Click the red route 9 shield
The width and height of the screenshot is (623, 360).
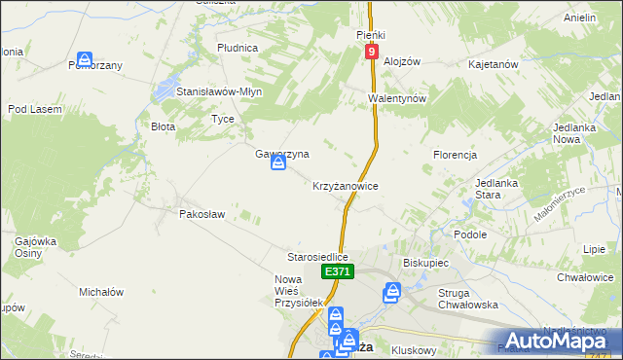click(x=371, y=51)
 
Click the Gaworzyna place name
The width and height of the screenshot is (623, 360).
click(x=282, y=154)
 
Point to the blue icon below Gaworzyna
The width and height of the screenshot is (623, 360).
click(x=278, y=166)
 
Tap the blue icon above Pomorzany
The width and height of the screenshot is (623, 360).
click(x=86, y=60)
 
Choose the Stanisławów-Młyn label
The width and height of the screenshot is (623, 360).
click(x=219, y=91)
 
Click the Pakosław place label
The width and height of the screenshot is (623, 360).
click(x=202, y=213)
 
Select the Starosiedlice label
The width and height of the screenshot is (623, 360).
click(x=317, y=257)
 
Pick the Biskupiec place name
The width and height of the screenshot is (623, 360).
click(x=424, y=263)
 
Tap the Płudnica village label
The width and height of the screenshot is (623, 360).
click(x=238, y=47)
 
